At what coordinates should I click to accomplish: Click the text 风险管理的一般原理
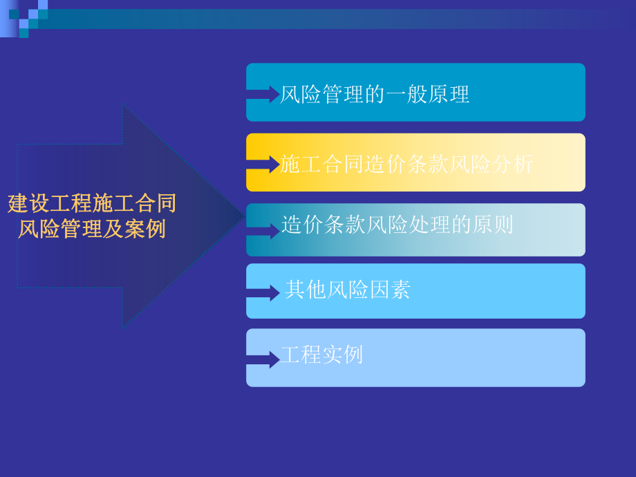374,94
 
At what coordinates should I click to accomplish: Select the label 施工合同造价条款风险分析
406,164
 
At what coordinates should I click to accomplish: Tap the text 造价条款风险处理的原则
397,224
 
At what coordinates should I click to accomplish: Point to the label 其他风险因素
347,290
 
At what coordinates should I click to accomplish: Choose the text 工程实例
321,355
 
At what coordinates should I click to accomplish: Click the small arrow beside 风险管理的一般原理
263,94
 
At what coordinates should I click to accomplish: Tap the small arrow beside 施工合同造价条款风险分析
263,165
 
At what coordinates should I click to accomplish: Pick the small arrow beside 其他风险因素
263,292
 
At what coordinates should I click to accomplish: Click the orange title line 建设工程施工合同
92,203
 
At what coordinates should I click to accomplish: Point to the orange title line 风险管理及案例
92,229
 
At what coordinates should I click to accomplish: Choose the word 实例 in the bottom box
342,355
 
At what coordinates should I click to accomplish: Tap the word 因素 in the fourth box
389,290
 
